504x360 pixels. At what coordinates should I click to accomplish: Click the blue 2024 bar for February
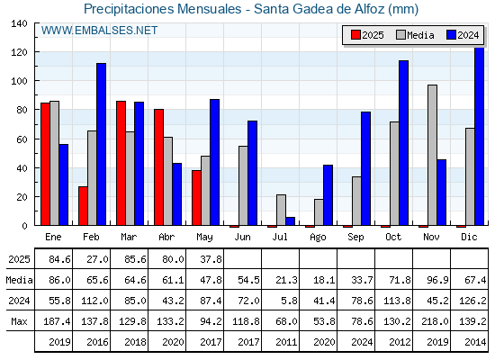101,144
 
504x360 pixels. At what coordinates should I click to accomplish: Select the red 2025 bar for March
121,163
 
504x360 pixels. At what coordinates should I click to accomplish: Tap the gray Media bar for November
432,155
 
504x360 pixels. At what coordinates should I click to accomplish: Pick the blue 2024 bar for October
404,143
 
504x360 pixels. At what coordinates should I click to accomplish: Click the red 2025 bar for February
83,206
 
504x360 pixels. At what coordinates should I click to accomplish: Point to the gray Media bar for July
281,210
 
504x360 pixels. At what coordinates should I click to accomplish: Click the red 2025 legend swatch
355,35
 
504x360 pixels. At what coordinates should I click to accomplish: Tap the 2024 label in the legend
468,35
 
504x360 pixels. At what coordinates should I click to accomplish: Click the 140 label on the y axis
19,23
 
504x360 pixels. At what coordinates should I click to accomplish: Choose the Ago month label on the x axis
318,238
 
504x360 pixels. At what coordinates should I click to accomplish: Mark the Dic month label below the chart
469,237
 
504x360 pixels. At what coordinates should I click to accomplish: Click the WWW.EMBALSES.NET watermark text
99,31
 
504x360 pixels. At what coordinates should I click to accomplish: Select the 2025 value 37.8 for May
211,259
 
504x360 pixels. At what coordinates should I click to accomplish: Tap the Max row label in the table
19,321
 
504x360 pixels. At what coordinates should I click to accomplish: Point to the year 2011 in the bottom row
286,342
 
